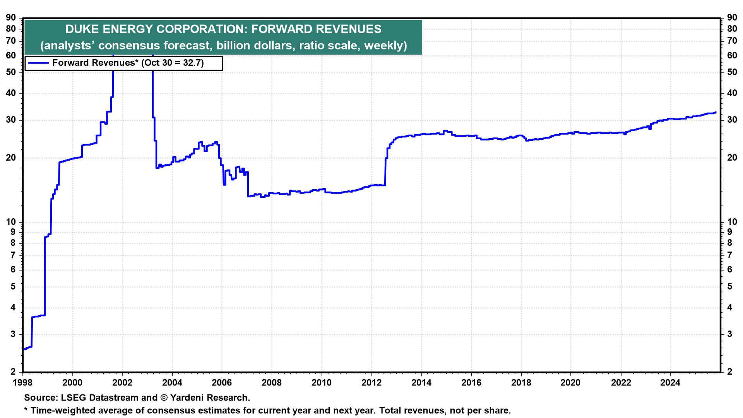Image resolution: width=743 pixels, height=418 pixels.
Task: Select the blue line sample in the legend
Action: click(38, 63)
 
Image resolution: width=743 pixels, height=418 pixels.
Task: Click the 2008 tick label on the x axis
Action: click(272, 383)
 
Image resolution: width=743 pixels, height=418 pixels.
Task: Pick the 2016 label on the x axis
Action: click(471, 383)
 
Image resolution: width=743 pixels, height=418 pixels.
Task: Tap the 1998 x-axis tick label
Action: click(23, 383)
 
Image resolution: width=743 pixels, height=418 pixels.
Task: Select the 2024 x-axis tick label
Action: click(670, 383)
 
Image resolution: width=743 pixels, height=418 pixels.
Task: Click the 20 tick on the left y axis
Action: click(11, 158)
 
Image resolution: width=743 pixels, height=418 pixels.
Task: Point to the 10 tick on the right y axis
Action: click(732, 222)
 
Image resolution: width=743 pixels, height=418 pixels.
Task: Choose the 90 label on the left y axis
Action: click(11, 18)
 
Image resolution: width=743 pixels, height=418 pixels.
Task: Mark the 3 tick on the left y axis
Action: click(14, 334)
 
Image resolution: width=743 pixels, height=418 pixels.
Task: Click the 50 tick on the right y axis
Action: click(732, 72)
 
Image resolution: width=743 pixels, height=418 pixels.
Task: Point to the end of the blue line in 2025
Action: click(715, 113)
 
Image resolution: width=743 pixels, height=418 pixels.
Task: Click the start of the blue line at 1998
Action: click(24, 349)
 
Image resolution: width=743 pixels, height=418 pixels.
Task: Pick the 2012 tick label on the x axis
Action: click(371, 383)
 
